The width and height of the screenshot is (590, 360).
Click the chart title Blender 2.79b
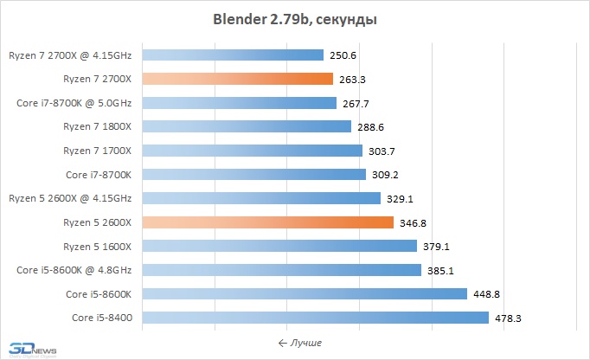point(295,18)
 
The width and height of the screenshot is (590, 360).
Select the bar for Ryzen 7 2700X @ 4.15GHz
point(232,55)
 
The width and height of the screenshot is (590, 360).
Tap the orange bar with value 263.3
point(237,79)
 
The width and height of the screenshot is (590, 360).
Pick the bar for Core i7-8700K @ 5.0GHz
point(239,103)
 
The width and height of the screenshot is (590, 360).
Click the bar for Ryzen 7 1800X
point(247,126)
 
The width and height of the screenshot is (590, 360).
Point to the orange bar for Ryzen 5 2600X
point(268,222)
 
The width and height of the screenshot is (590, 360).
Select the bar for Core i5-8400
point(315,318)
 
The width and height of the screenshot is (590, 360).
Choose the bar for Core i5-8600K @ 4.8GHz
point(281,270)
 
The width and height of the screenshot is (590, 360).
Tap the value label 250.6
point(343,55)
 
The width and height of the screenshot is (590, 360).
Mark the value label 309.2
point(385,175)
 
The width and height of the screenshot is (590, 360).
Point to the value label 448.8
point(486,294)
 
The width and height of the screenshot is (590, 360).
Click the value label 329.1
point(400,199)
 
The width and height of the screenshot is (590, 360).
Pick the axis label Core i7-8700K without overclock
point(99,174)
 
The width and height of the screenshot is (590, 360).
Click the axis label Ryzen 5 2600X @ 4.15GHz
point(70,198)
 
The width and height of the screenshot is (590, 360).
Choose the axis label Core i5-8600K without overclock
point(99,293)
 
